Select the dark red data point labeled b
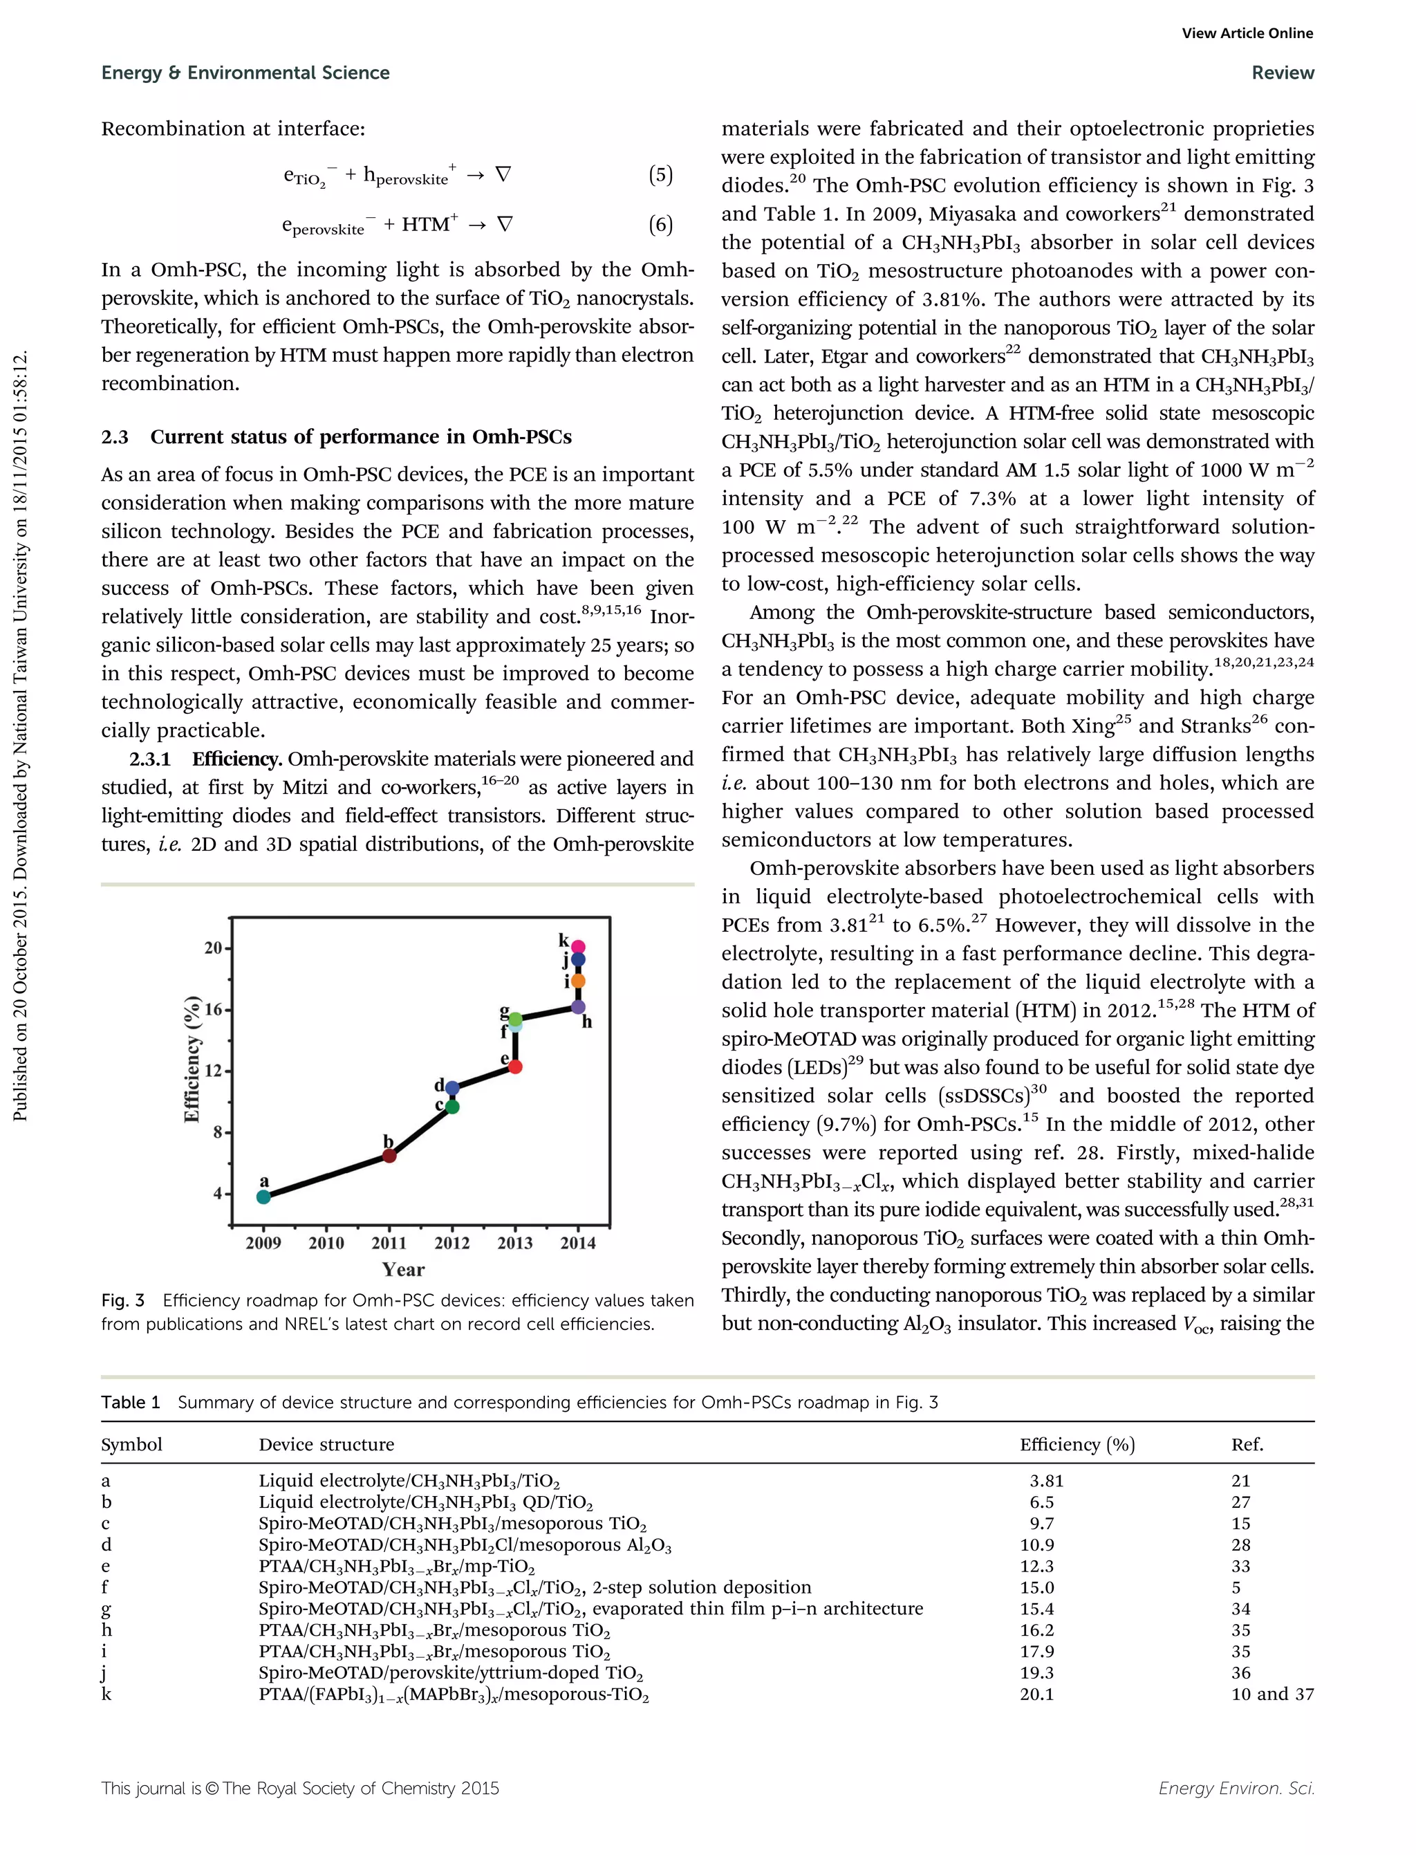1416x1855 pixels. [389, 1155]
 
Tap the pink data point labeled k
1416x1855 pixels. [578, 947]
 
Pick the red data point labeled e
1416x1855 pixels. [516, 1067]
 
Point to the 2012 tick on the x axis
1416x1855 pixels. [451, 1242]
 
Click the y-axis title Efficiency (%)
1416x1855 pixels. [192, 1059]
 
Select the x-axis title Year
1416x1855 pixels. [403, 1269]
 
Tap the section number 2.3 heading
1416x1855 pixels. [115, 436]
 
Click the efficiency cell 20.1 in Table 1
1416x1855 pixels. [1036, 1694]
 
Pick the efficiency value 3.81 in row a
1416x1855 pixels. [1046, 1481]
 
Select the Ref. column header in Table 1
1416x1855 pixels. [1247, 1444]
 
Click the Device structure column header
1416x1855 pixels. [326, 1444]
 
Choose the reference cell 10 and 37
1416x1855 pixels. [1272, 1694]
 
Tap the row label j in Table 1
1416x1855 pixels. [104, 1673]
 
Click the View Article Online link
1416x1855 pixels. [1247, 33]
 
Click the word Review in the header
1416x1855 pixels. [1282, 73]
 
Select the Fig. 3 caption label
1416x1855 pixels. [123, 1300]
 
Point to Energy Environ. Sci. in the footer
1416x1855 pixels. [1236, 1789]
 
